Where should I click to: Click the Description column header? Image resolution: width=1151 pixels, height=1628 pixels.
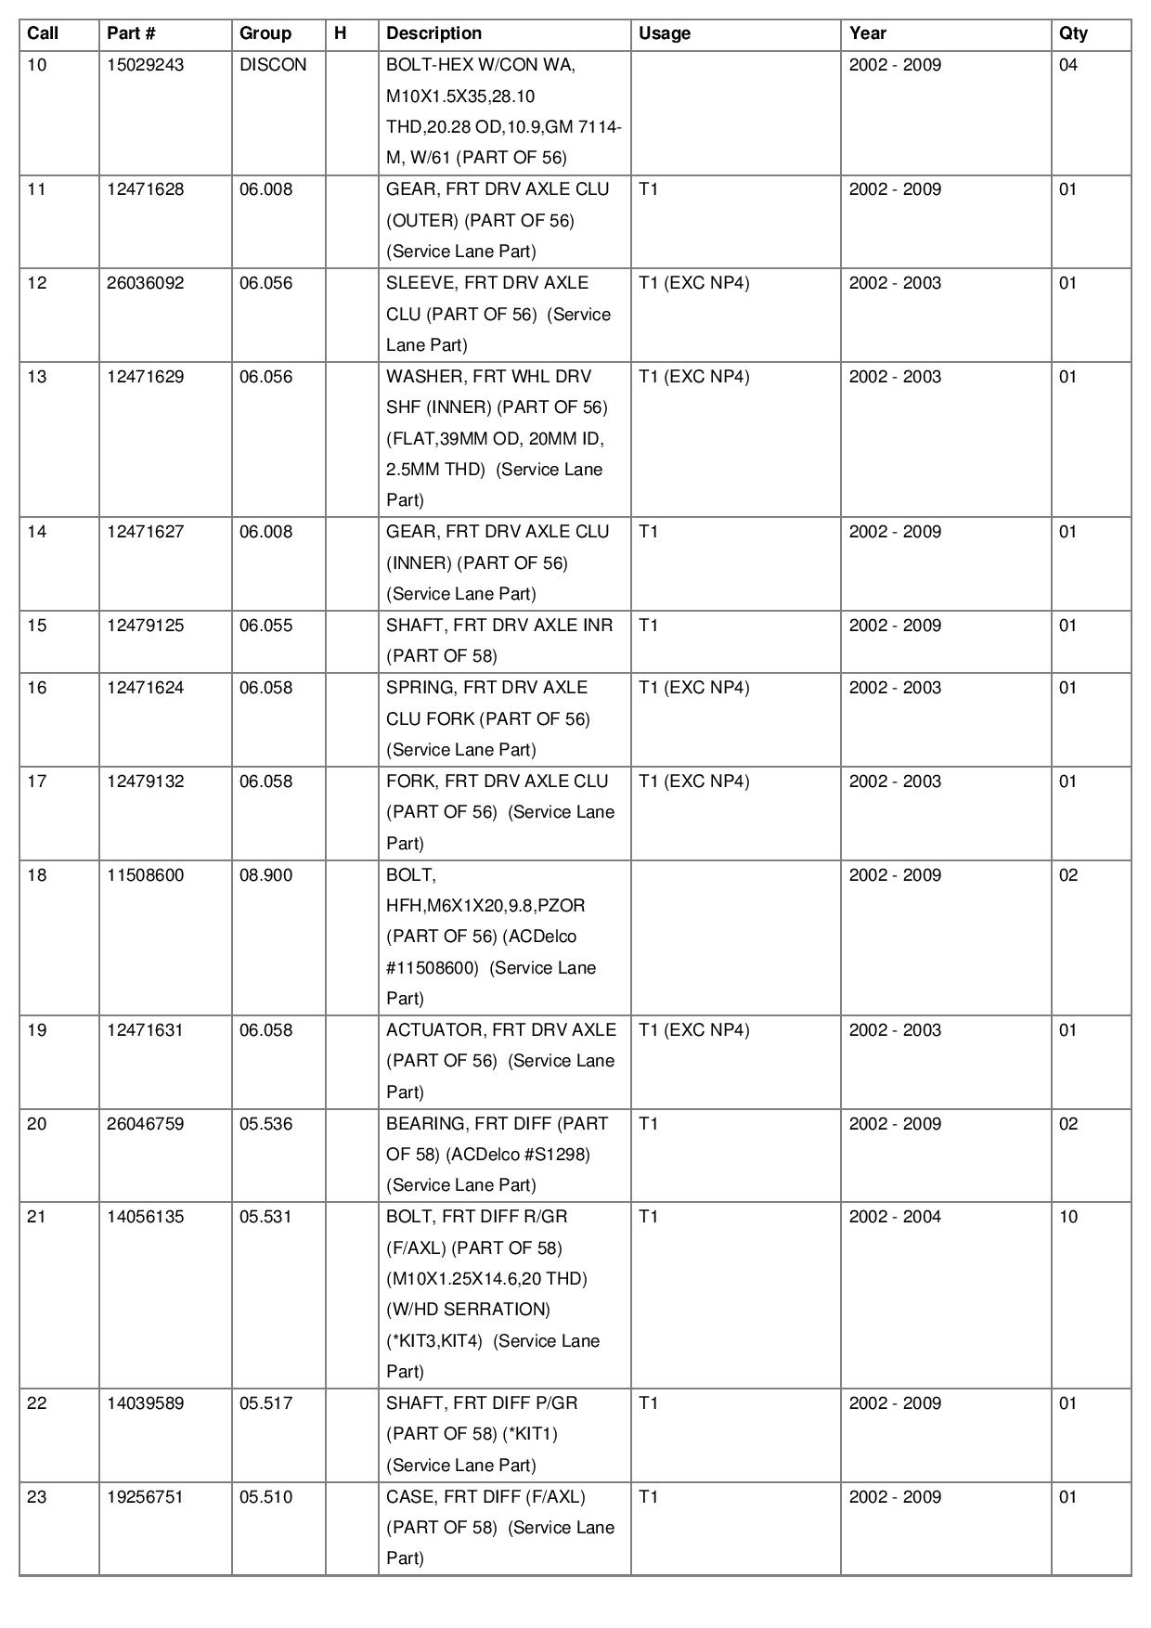click(433, 33)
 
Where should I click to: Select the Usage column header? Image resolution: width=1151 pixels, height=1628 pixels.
click(665, 33)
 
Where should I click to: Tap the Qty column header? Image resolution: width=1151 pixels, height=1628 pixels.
click(1073, 33)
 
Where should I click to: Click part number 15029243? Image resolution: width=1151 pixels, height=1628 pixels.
click(145, 65)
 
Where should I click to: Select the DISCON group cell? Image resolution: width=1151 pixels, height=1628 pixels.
click(273, 65)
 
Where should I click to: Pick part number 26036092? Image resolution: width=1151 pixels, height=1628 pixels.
click(145, 283)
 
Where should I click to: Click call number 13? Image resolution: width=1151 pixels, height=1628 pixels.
click(37, 377)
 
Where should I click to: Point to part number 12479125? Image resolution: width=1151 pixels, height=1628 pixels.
click(145, 626)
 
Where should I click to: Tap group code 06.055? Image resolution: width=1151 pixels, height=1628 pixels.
click(265, 626)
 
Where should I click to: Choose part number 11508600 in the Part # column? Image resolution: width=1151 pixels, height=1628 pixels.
click(145, 875)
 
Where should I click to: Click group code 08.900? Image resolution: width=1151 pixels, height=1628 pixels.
click(265, 875)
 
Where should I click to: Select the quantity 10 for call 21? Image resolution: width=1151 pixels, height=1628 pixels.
click(1068, 1217)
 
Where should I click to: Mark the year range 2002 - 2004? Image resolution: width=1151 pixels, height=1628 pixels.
click(895, 1217)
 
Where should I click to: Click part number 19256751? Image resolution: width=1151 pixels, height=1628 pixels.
click(145, 1497)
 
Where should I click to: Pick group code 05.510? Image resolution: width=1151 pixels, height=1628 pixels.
click(265, 1497)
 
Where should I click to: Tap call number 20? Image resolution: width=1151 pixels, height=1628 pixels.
click(37, 1124)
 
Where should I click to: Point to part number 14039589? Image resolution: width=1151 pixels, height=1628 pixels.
click(145, 1403)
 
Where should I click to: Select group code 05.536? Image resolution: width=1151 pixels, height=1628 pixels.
click(265, 1124)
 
